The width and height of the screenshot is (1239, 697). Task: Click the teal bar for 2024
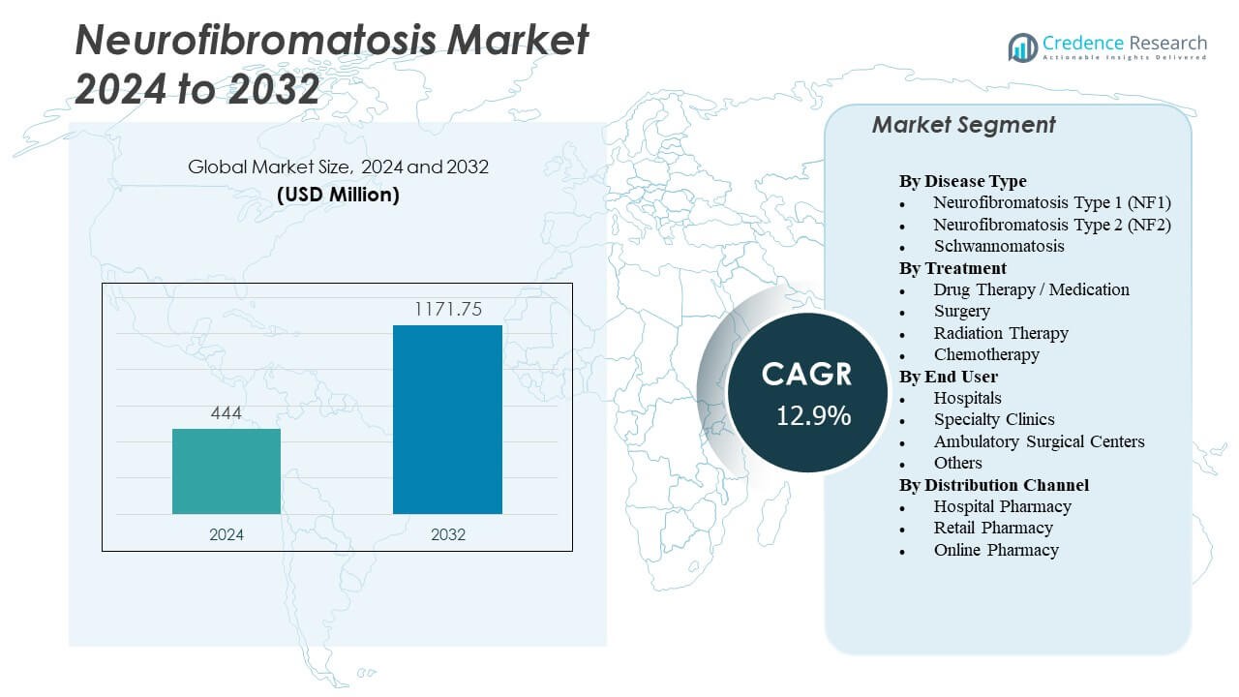tap(227, 471)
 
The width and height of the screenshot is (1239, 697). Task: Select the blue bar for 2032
tap(447, 419)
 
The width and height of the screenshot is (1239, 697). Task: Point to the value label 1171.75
tap(447, 310)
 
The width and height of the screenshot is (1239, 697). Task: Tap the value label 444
tap(227, 413)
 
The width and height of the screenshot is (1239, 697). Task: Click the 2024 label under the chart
tap(227, 534)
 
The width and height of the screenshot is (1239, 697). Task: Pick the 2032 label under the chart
tap(447, 534)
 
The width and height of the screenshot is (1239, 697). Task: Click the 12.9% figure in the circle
tap(813, 416)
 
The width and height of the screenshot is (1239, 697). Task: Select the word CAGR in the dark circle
tap(807, 375)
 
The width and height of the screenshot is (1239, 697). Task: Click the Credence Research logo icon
tap(1022, 46)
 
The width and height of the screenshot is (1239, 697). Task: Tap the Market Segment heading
tap(963, 125)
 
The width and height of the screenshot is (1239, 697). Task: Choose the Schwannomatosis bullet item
tap(999, 246)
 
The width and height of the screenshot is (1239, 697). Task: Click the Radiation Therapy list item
tap(1001, 333)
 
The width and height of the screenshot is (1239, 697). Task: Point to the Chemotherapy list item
tap(986, 354)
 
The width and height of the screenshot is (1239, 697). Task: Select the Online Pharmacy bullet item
tap(996, 550)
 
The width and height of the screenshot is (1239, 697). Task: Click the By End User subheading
tap(948, 377)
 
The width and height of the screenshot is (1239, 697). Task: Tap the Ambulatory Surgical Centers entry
tap(1039, 441)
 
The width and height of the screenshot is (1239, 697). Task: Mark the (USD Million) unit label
tap(338, 194)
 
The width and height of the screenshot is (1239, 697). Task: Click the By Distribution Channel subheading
tap(994, 485)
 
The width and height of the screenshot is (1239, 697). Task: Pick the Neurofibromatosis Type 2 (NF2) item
tap(1052, 225)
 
